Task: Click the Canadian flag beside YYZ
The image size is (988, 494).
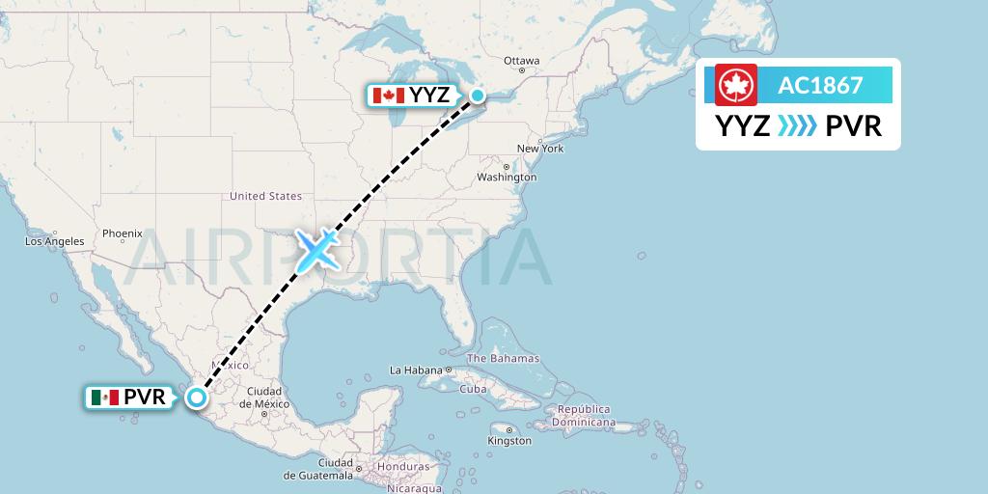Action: [388, 96]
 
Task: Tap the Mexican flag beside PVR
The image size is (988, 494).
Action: [104, 398]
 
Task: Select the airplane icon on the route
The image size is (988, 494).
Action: [316, 249]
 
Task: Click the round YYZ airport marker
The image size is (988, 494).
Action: [478, 95]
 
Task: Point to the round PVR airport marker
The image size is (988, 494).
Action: [197, 397]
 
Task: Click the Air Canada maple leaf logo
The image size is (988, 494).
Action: [736, 85]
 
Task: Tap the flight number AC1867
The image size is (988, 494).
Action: [820, 85]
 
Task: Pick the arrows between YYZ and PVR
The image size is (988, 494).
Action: [797, 125]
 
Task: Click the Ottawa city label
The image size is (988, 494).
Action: [521, 61]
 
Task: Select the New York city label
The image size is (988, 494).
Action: [539, 149]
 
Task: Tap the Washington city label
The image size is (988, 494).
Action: [507, 178]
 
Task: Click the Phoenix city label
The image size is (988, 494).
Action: [123, 233]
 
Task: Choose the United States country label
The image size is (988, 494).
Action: [265, 196]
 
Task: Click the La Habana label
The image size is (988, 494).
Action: [415, 370]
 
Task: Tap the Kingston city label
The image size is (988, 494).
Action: [510, 441]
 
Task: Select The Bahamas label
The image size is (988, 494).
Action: [504, 358]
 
